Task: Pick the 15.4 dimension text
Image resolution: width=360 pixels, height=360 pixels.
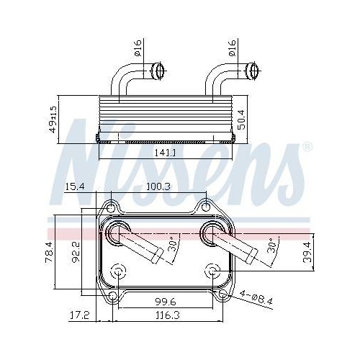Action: pyautogui.click(x=76, y=187)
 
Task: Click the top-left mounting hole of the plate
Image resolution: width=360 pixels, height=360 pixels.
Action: pyautogui.click(x=111, y=207)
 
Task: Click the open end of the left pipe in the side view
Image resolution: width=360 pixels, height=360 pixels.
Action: pyautogui.click(x=159, y=71)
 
